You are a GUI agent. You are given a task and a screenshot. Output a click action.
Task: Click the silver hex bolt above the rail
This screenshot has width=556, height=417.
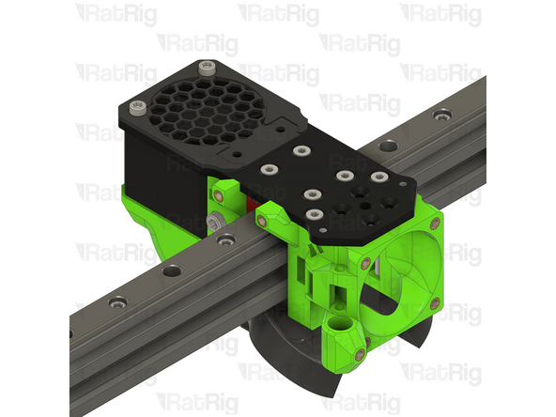click(x=215, y=222)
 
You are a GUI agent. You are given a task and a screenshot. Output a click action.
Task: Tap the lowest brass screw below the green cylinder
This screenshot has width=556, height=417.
click(x=360, y=351)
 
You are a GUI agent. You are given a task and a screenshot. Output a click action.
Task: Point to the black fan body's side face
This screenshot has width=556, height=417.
click(x=155, y=169)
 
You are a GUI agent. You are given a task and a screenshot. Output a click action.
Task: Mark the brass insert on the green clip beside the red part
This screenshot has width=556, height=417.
click(x=222, y=192)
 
